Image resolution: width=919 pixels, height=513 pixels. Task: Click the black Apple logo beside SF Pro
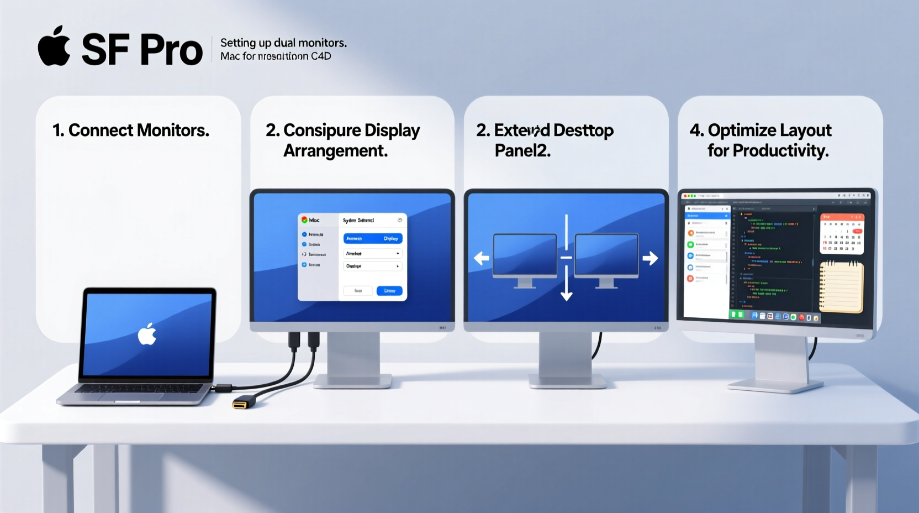point(54,47)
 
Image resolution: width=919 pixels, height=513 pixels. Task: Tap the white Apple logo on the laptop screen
point(147,334)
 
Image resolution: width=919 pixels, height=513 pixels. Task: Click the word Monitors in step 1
point(173,130)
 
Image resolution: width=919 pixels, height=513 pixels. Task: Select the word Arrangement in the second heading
point(335,150)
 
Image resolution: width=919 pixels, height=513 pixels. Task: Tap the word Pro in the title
point(171,50)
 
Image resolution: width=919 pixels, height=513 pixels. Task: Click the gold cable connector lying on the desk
point(241,404)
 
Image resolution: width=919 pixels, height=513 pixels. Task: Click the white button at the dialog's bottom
point(358,291)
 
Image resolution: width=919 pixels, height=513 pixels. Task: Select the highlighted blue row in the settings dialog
point(373,238)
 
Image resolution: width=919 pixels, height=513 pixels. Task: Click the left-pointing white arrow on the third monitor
point(482,258)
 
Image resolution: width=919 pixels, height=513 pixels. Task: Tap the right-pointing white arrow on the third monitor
point(650,258)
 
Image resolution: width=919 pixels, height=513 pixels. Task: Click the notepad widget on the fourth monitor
point(841,287)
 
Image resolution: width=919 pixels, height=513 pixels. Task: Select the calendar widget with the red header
point(841,233)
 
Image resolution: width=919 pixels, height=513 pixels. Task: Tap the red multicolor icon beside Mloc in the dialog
point(304,220)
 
